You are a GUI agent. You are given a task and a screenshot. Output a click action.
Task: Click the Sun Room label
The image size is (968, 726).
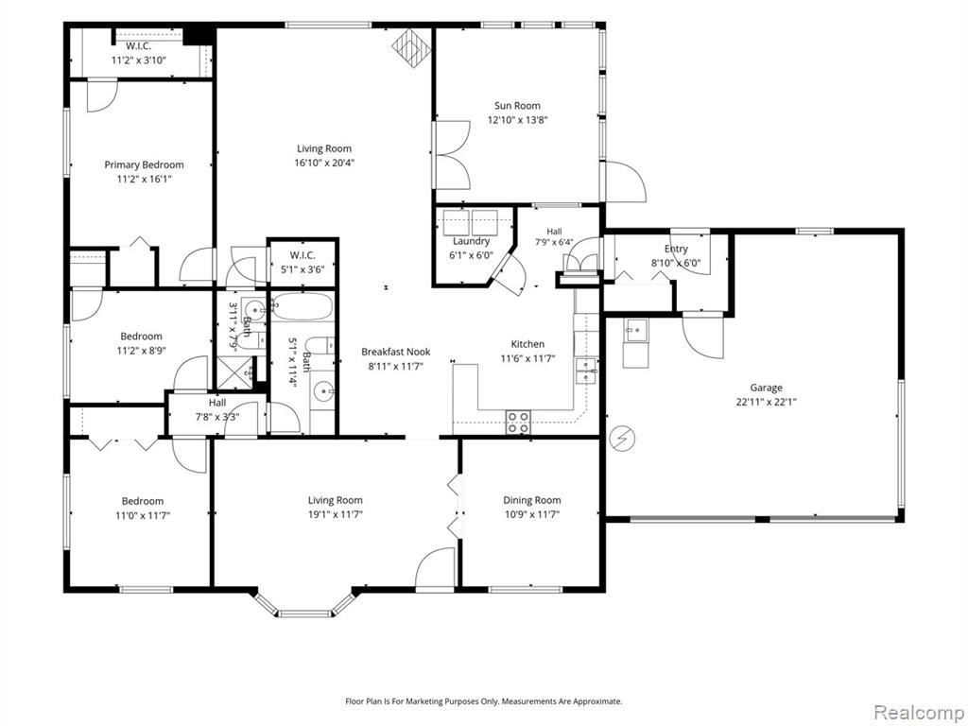point(517,106)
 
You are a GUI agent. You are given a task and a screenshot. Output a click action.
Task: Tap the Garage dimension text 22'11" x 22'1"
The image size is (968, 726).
point(766,402)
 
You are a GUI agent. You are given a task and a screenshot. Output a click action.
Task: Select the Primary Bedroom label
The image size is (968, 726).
point(144,164)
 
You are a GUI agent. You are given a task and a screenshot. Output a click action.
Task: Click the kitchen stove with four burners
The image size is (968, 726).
point(518,422)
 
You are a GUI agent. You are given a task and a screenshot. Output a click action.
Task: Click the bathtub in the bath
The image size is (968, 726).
point(302,307)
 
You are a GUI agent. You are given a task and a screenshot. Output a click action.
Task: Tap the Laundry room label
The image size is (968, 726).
point(471,241)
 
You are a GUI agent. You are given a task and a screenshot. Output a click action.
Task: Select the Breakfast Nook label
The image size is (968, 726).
point(396,352)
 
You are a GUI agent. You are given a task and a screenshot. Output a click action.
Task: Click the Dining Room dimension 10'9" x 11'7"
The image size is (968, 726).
point(531,515)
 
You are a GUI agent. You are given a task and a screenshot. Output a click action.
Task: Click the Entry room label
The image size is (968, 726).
point(676,249)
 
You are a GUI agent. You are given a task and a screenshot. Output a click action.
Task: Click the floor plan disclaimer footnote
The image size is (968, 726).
point(483,701)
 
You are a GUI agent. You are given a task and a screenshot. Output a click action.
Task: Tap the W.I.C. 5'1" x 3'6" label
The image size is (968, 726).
point(302,263)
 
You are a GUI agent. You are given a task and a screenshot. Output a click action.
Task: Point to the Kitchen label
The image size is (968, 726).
point(527,344)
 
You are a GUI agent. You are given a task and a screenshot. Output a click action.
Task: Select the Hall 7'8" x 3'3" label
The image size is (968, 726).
point(217,410)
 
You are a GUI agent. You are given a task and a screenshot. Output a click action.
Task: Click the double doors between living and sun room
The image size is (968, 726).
point(454,155)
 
